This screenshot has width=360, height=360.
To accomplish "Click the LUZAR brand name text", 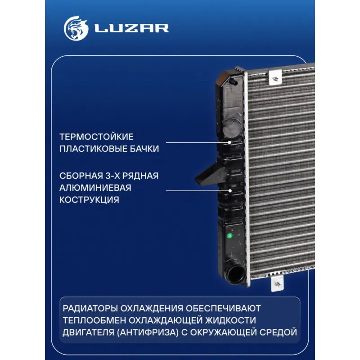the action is (x=132, y=28).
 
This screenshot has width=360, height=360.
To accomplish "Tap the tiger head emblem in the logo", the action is (x=76, y=28).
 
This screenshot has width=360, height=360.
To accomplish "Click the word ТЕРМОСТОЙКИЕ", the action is (x=96, y=137).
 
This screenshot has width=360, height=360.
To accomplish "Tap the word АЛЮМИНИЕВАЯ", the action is (x=95, y=188).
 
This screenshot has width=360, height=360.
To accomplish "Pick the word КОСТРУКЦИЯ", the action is (x=89, y=200).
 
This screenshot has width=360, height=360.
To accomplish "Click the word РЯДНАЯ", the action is (x=140, y=176).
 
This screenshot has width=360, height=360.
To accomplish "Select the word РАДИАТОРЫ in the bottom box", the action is (x=90, y=308).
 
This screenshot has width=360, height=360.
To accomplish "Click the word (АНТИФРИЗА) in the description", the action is (x=148, y=332).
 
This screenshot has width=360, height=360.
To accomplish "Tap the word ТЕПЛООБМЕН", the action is (x=94, y=320).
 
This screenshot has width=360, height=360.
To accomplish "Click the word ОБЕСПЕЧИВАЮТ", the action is (x=223, y=308).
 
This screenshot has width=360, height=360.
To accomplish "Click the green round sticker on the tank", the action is (x=229, y=235).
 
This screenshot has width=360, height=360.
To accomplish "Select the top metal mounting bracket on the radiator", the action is (x=275, y=77).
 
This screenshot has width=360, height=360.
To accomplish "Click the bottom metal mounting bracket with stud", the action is (x=277, y=283).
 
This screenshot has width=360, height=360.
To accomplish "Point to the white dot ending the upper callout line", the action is (x=229, y=142).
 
